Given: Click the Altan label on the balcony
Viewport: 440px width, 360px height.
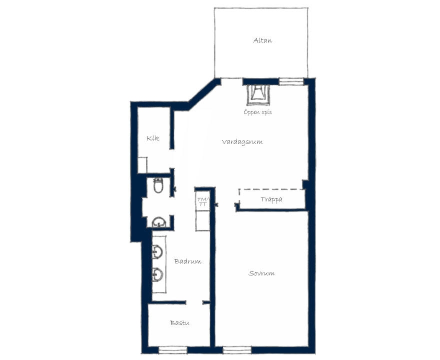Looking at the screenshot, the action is click(x=262, y=40).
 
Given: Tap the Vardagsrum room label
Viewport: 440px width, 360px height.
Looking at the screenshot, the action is click(x=242, y=141).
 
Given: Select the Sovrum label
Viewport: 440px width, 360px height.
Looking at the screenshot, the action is click(x=261, y=273).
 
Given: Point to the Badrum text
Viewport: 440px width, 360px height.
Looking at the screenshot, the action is click(x=187, y=261).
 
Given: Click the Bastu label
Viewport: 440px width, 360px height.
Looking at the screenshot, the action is click(x=179, y=323).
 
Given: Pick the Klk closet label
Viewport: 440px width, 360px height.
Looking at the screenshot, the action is click(x=153, y=138).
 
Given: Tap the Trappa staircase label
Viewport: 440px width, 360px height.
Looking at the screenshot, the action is click(x=271, y=200).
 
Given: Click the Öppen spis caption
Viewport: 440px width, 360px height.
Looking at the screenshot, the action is click(x=257, y=112).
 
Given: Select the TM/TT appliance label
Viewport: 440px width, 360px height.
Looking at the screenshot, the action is click(x=202, y=201).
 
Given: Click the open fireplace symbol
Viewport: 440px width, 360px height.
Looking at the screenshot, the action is click(x=258, y=95).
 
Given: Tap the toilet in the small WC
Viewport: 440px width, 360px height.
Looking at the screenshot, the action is click(x=158, y=185).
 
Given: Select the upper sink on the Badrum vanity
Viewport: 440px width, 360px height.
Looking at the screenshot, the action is click(x=157, y=251).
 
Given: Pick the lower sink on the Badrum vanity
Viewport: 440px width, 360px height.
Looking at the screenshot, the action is click(x=157, y=274).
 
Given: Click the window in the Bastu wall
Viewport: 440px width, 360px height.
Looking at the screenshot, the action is click(x=173, y=350).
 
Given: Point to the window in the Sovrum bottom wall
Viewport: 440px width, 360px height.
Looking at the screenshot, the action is click(x=237, y=350).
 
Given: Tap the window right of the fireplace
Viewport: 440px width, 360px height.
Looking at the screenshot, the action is click(x=291, y=81).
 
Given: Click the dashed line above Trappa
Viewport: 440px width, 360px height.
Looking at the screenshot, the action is click(x=271, y=189).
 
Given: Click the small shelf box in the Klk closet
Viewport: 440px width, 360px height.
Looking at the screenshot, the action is click(x=142, y=165).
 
